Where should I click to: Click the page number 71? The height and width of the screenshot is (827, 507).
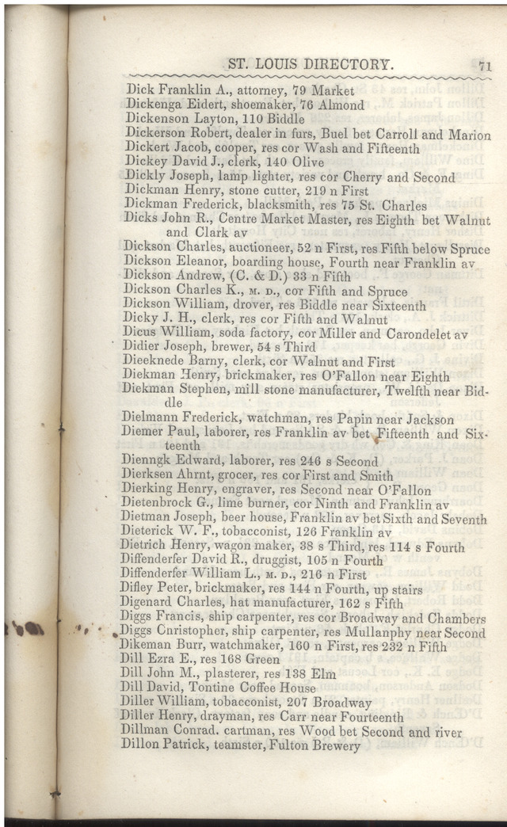(x=485, y=67)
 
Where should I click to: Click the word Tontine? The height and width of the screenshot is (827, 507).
(x=211, y=689)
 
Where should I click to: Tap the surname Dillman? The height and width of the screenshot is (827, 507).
(x=145, y=732)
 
